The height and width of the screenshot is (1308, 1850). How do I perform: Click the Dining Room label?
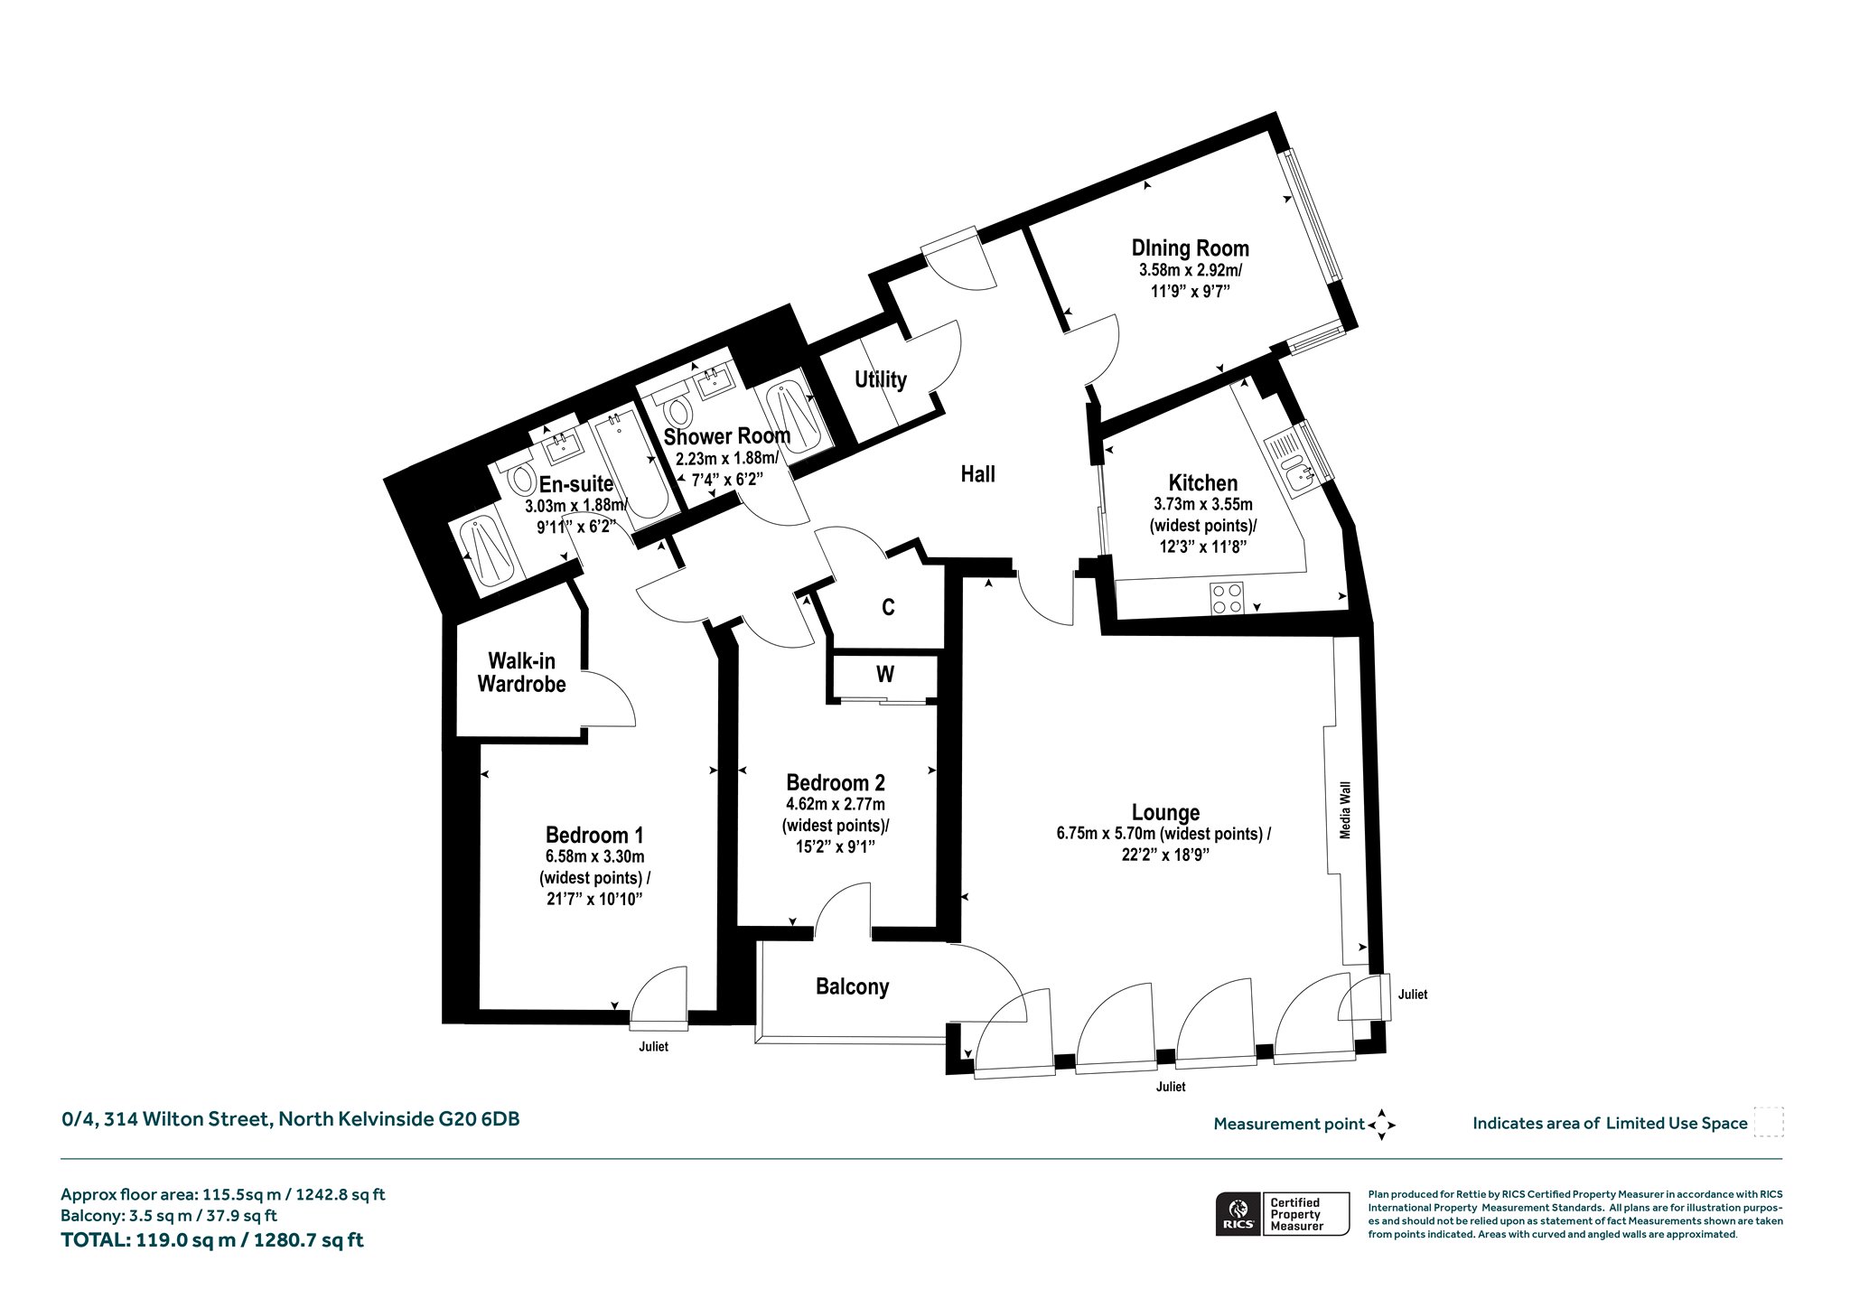click(1191, 248)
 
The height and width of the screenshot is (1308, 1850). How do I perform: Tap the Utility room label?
click(881, 379)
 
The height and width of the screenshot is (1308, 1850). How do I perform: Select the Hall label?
click(977, 474)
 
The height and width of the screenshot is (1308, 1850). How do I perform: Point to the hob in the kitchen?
click(1227, 598)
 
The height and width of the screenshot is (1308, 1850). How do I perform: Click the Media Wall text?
click(1345, 810)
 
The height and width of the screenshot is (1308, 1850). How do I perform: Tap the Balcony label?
click(852, 986)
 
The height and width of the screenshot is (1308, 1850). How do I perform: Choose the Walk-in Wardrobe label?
click(522, 673)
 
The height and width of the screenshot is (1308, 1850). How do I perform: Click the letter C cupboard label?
click(888, 607)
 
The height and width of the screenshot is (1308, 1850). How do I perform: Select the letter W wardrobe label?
click(885, 674)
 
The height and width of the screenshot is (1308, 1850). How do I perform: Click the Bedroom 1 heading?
click(594, 835)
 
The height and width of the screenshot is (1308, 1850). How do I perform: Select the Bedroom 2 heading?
click(836, 782)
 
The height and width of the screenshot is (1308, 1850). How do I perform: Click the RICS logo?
click(1237, 1213)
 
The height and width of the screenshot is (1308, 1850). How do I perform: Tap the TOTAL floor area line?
click(212, 1239)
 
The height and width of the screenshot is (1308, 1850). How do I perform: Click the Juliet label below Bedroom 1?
click(653, 1047)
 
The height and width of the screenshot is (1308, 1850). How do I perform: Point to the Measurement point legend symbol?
click(1381, 1125)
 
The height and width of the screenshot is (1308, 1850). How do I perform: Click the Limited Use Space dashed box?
click(1769, 1122)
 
